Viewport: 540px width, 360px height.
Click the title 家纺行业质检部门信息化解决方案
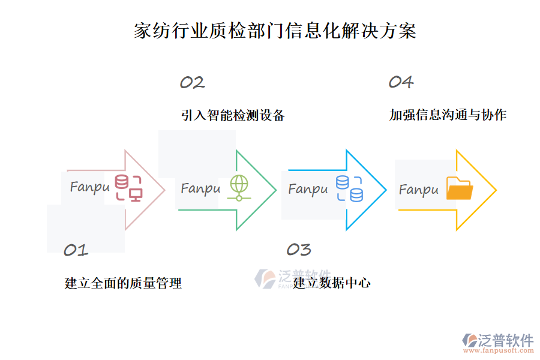[x=275, y=31]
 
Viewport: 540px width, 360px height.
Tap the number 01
[x=76, y=250]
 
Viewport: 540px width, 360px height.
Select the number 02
[x=193, y=83]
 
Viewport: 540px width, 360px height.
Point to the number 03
[x=299, y=250]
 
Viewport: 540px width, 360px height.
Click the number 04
[x=401, y=82]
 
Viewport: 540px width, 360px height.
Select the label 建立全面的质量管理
[x=123, y=283]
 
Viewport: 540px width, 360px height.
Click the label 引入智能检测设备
[x=233, y=115]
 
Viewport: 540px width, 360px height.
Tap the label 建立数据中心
[x=332, y=283]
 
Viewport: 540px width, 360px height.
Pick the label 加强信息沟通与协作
[x=448, y=115]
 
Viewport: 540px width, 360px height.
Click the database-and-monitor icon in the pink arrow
[x=128, y=188]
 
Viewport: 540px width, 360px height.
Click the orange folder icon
[x=460, y=188]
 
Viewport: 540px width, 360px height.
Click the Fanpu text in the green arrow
[x=200, y=189]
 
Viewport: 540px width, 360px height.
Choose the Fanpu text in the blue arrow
[x=308, y=190]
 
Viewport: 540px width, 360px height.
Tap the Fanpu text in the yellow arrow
[x=419, y=190]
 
